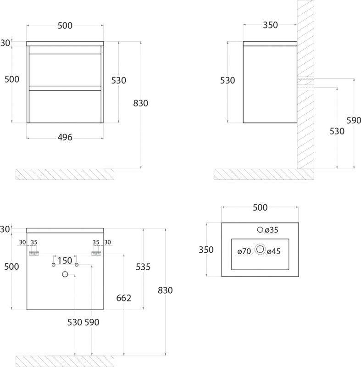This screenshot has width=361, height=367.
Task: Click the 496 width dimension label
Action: (x=65, y=137)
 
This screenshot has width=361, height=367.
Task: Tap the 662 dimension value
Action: (x=124, y=298)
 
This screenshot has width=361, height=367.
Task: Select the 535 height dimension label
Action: (x=143, y=267)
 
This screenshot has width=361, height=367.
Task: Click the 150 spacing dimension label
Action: (x=65, y=261)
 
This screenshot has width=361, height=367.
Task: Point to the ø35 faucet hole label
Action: (x=272, y=230)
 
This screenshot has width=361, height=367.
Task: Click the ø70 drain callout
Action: (x=244, y=251)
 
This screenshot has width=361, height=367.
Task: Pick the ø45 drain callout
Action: (x=273, y=251)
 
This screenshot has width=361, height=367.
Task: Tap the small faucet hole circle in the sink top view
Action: (x=260, y=230)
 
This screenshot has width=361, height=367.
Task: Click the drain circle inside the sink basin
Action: (x=260, y=249)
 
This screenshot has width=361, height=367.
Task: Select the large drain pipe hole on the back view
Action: (x=65, y=274)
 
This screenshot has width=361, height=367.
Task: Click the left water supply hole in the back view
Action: (x=54, y=265)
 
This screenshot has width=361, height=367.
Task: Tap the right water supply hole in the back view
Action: (x=77, y=265)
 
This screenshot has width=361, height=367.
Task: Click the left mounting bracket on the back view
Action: (x=34, y=254)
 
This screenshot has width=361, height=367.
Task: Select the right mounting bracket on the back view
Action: (x=96, y=254)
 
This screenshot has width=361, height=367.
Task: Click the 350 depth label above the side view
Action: (x=270, y=25)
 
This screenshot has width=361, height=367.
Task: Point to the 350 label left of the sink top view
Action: (x=206, y=250)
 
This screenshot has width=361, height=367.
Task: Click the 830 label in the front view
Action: (x=141, y=103)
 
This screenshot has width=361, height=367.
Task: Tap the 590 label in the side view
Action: (x=354, y=121)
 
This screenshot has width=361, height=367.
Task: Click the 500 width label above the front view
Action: (x=65, y=26)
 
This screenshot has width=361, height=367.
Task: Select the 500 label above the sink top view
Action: (x=260, y=207)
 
